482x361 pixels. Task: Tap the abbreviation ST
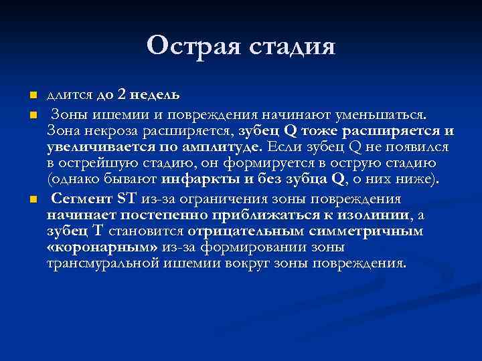pos(126,198)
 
